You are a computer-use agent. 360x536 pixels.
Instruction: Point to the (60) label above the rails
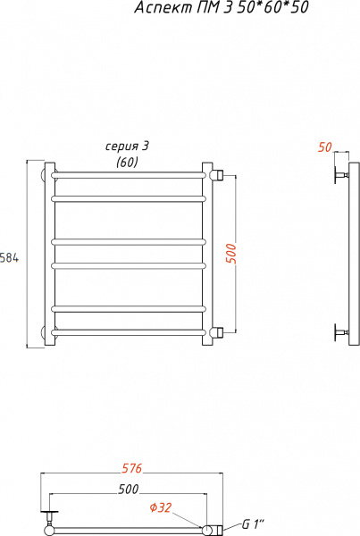coord(128,162)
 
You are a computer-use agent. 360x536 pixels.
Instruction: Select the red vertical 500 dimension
coord(231,253)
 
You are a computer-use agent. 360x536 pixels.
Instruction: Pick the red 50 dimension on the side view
coord(324,147)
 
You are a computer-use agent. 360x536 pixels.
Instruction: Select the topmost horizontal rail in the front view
coord(130,172)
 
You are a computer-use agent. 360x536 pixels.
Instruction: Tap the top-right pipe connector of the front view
coord(217,172)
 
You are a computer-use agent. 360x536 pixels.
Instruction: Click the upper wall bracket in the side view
coord(340,174)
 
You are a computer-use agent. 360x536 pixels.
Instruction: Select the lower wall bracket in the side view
coord(340,333)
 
